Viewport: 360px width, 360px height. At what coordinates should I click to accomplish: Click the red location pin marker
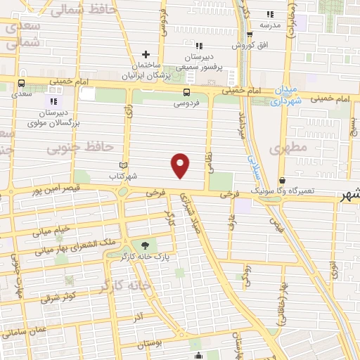tap(181, 165)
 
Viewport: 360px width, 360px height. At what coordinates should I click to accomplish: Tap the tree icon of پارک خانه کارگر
tap(146, 245)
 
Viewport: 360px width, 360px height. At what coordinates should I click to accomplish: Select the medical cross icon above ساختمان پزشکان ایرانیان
tap(146, 54)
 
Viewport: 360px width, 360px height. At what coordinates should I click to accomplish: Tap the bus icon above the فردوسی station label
tap(186, 92)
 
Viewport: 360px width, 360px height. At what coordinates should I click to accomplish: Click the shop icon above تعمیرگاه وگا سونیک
tap(282, 180)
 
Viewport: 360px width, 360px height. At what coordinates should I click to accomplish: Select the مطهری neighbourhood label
tap(284, 149)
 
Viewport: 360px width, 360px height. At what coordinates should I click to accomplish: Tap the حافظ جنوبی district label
tap(79, 148)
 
